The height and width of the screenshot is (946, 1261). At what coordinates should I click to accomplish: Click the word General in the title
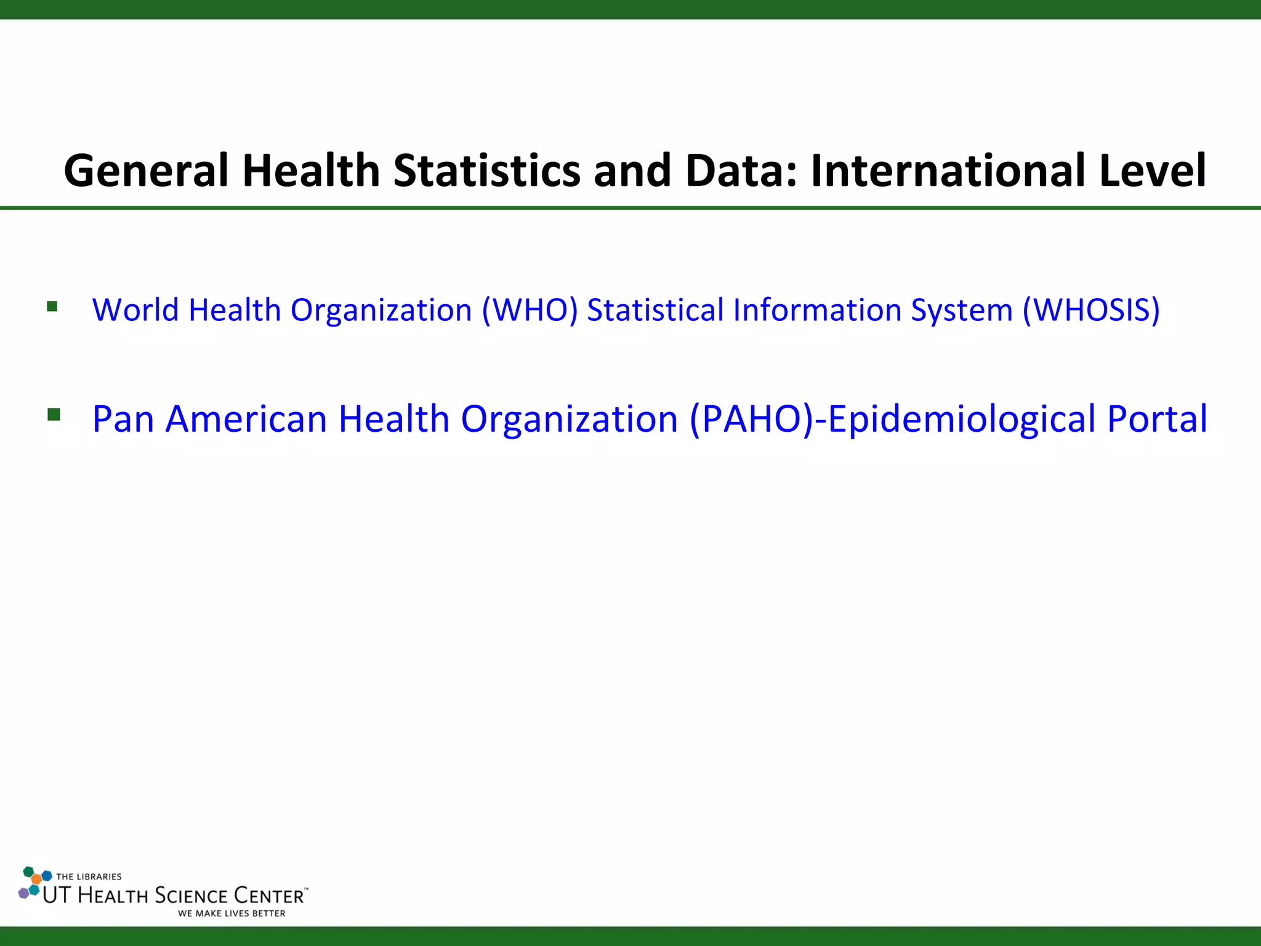pyautogui.click(x=146, y=171)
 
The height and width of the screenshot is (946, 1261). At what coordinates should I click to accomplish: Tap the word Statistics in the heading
pyautogui.click(x=487, y=171)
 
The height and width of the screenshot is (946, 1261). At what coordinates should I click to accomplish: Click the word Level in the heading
pyautogui.click(x=1153, y=171)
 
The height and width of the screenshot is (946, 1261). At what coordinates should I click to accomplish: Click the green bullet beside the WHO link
pyautogui.click(x=52, y=306)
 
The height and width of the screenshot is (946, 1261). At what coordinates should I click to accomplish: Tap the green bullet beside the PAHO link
pyautogui.click(x=54, y=414)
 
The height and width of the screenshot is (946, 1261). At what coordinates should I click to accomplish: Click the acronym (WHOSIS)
pyautogui.click(x=1091, y=310)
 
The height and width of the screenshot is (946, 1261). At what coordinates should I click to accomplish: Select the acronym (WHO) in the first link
pyautogui.click(x=530, y=310)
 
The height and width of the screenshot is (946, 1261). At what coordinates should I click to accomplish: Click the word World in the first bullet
pyautogui.click(x=135, y=310)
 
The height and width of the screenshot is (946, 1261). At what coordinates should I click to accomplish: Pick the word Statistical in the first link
pyautogui.click(x=655, y=310)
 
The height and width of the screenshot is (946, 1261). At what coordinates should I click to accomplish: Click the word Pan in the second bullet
pyautogui.click(x=123, y=419)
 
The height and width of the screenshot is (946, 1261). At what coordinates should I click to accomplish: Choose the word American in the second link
pyautogui.click(x=246, y=419)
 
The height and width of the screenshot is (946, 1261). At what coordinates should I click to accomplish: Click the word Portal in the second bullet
pyautogui.click(x=1158, y=419)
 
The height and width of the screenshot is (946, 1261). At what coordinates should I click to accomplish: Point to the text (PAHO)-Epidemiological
pyautogui.click(x=893, y=419)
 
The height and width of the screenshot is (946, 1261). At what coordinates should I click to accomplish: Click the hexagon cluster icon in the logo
pyautogui.click(x=34, y=883)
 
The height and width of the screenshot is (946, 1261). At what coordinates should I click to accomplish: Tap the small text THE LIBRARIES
pyautogui.click(x=89, y=876)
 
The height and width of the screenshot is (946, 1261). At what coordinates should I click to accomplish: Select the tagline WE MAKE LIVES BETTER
pyautogui.click(x=232, y=913)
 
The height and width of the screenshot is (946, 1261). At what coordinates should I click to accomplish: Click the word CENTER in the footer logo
pyautogui.click(x=269, y=895)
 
